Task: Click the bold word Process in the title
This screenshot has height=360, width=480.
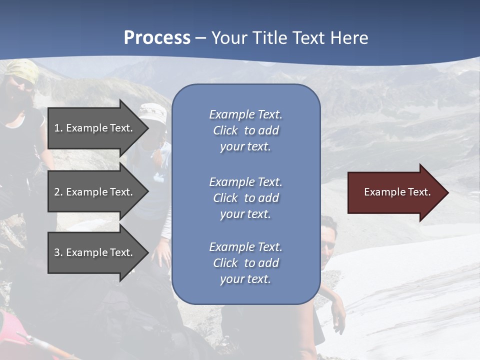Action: (x=157, y=38)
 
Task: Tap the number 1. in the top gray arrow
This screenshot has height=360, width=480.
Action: (x=58, y=128)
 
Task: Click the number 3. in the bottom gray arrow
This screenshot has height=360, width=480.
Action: (x=58, y=252)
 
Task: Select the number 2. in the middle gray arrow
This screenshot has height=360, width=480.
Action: (x=58, y=192)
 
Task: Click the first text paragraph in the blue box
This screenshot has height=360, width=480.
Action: (x=245, y=130)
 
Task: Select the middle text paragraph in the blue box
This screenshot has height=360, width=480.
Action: (x=245, y=198)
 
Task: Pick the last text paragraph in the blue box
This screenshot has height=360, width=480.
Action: (x=245, y=263)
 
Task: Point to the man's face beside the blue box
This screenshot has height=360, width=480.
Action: (x=328, y=241)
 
